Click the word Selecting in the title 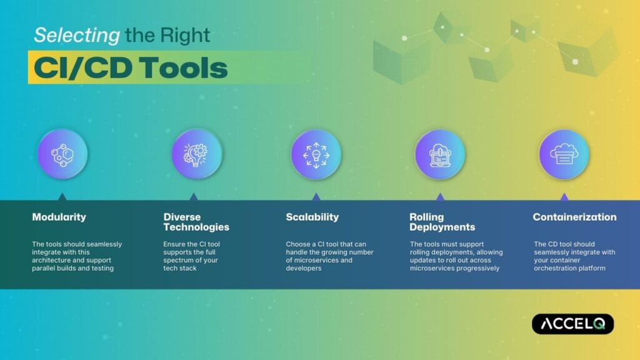point(76,35)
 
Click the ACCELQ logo point(572,324)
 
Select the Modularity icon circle point(62,154)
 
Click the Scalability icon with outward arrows point(316,154)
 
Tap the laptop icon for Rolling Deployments point(440,154)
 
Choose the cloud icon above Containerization point(564,154)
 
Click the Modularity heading point(59,217)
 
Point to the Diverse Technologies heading point(196,222)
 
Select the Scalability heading point(312,217)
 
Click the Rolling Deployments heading point(442,222)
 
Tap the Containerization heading point(574,217)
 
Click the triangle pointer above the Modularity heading point(62,196)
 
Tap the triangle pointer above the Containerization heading point(564,196)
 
